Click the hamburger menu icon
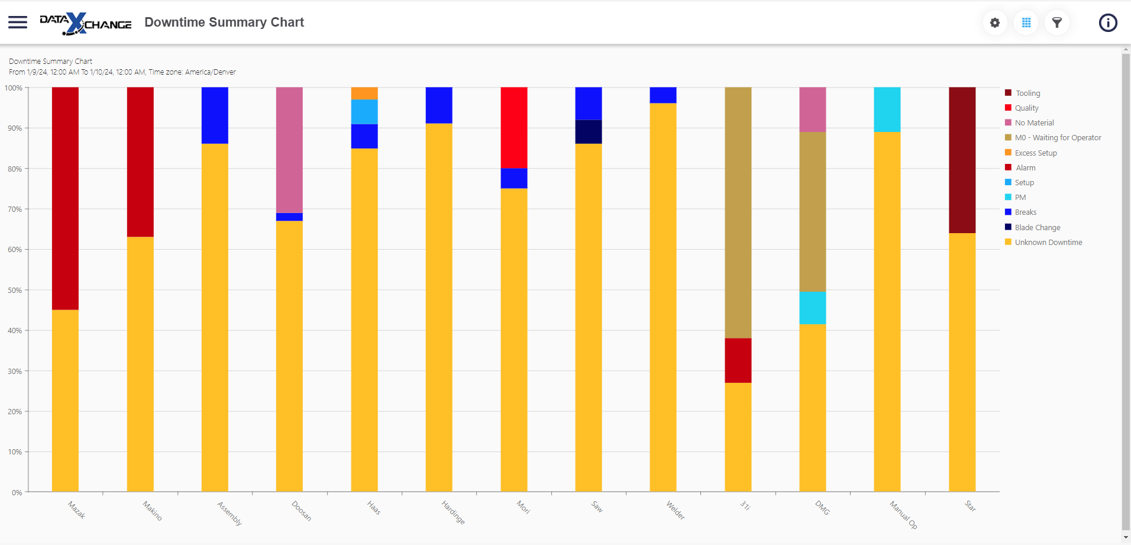[x=18, y=22]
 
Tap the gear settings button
[x=995, y=22]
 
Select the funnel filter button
[x=1057, y=22]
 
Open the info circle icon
[x=1108, y=22]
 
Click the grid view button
[x=1026, y=22]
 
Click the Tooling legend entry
[x=1027, y=93]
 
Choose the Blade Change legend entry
[x=1037, y=227]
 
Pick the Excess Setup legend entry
[x=1035, y=153]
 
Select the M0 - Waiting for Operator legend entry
[x=1058, y=138]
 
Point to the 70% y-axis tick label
[x=15, y=209]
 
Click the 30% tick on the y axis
[x=15, y=372]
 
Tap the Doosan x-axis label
[x=302, y=511]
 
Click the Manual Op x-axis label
[x=904, y=515]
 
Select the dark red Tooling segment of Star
[x=962, y=160]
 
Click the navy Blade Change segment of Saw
[x=589, y=132]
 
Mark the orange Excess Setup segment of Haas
[x=364, y=93]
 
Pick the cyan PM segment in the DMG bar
[x=813, y=308]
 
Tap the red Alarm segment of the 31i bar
[x=738, y=360]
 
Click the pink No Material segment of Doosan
[x=289, y=150]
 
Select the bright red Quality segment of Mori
[x=514, y=127]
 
